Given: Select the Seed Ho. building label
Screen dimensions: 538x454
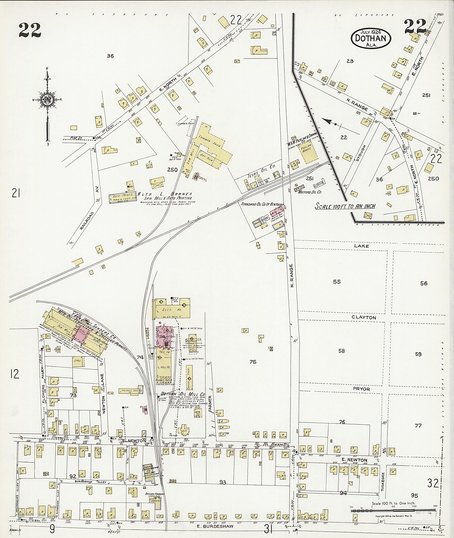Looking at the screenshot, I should tap(170, 310).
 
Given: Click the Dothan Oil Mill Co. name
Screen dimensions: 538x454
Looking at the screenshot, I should tap(182, 394).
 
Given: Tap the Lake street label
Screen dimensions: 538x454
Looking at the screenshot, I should tap(361, 246).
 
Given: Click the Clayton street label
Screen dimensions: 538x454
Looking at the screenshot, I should tap(364, 318).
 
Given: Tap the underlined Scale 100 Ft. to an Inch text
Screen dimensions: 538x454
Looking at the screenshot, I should tap(345, 206).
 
